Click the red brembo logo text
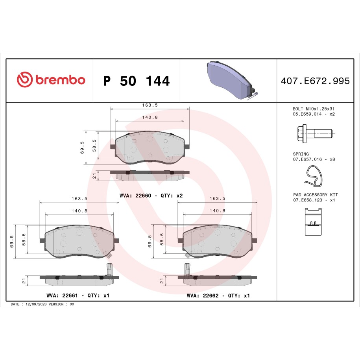pyautogui.click(x=60, y=79)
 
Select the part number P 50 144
pyautogui.click(x=137, y=81)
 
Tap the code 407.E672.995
pyautogui.click(x=315, y=81)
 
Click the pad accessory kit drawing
pyautogui.click(x=313, y=222)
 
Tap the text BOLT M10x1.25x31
pyautogui.click(x=314, y=109)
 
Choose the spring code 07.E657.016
pyautogui.click(x=307, y=159)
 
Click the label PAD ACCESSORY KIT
pyautogui.click(x=316, y=195)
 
